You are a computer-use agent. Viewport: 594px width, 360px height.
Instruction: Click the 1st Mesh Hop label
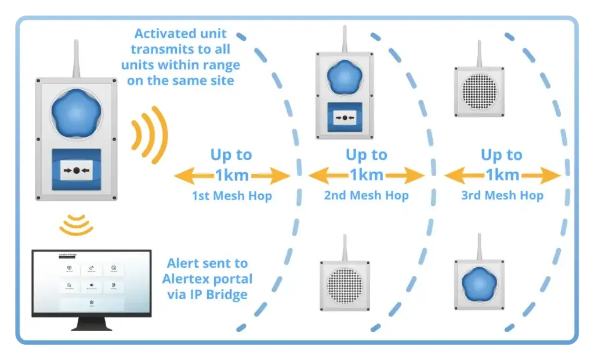click(231, 196)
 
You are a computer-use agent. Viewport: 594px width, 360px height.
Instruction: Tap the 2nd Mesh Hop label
click(366, 196)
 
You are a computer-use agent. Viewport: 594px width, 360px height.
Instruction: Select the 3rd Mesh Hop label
click(502, 196)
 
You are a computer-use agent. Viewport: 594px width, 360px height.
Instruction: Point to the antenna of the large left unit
click(76, 58)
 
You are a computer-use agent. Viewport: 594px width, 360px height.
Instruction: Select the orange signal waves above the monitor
click(77, 225)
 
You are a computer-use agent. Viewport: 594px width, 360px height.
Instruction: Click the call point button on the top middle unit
click(345, 118)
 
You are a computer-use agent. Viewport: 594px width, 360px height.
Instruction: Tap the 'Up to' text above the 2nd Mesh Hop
click(366, 155)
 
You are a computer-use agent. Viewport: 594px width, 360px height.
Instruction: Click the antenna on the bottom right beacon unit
click(479, 246)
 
